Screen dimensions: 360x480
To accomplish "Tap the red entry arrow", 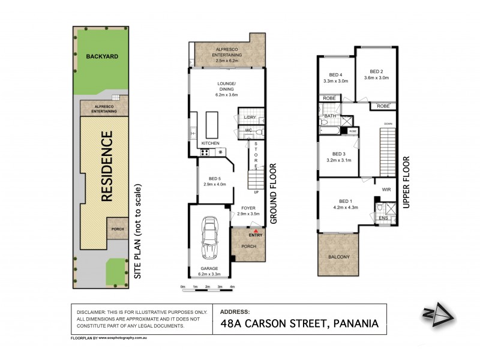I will pos(256,230).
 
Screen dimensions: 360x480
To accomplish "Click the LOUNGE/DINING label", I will pos(227,86).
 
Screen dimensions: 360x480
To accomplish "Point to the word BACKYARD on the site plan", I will pos(101,56).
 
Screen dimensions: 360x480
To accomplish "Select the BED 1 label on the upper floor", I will pos(344,201).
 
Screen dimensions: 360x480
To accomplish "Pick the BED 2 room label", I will pos(376,70).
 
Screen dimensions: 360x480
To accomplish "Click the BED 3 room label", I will pos(338,153).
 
